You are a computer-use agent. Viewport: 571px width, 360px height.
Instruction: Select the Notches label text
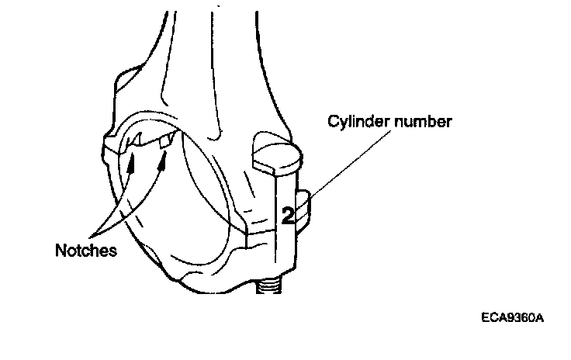86,251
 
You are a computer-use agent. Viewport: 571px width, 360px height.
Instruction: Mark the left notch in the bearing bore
135,142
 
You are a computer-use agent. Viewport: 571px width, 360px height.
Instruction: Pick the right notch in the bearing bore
164,141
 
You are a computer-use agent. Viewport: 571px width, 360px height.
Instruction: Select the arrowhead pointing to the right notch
163,161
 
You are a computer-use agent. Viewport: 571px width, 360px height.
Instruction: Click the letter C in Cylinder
331,121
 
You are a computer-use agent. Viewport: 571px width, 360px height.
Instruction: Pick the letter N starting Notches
60,251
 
